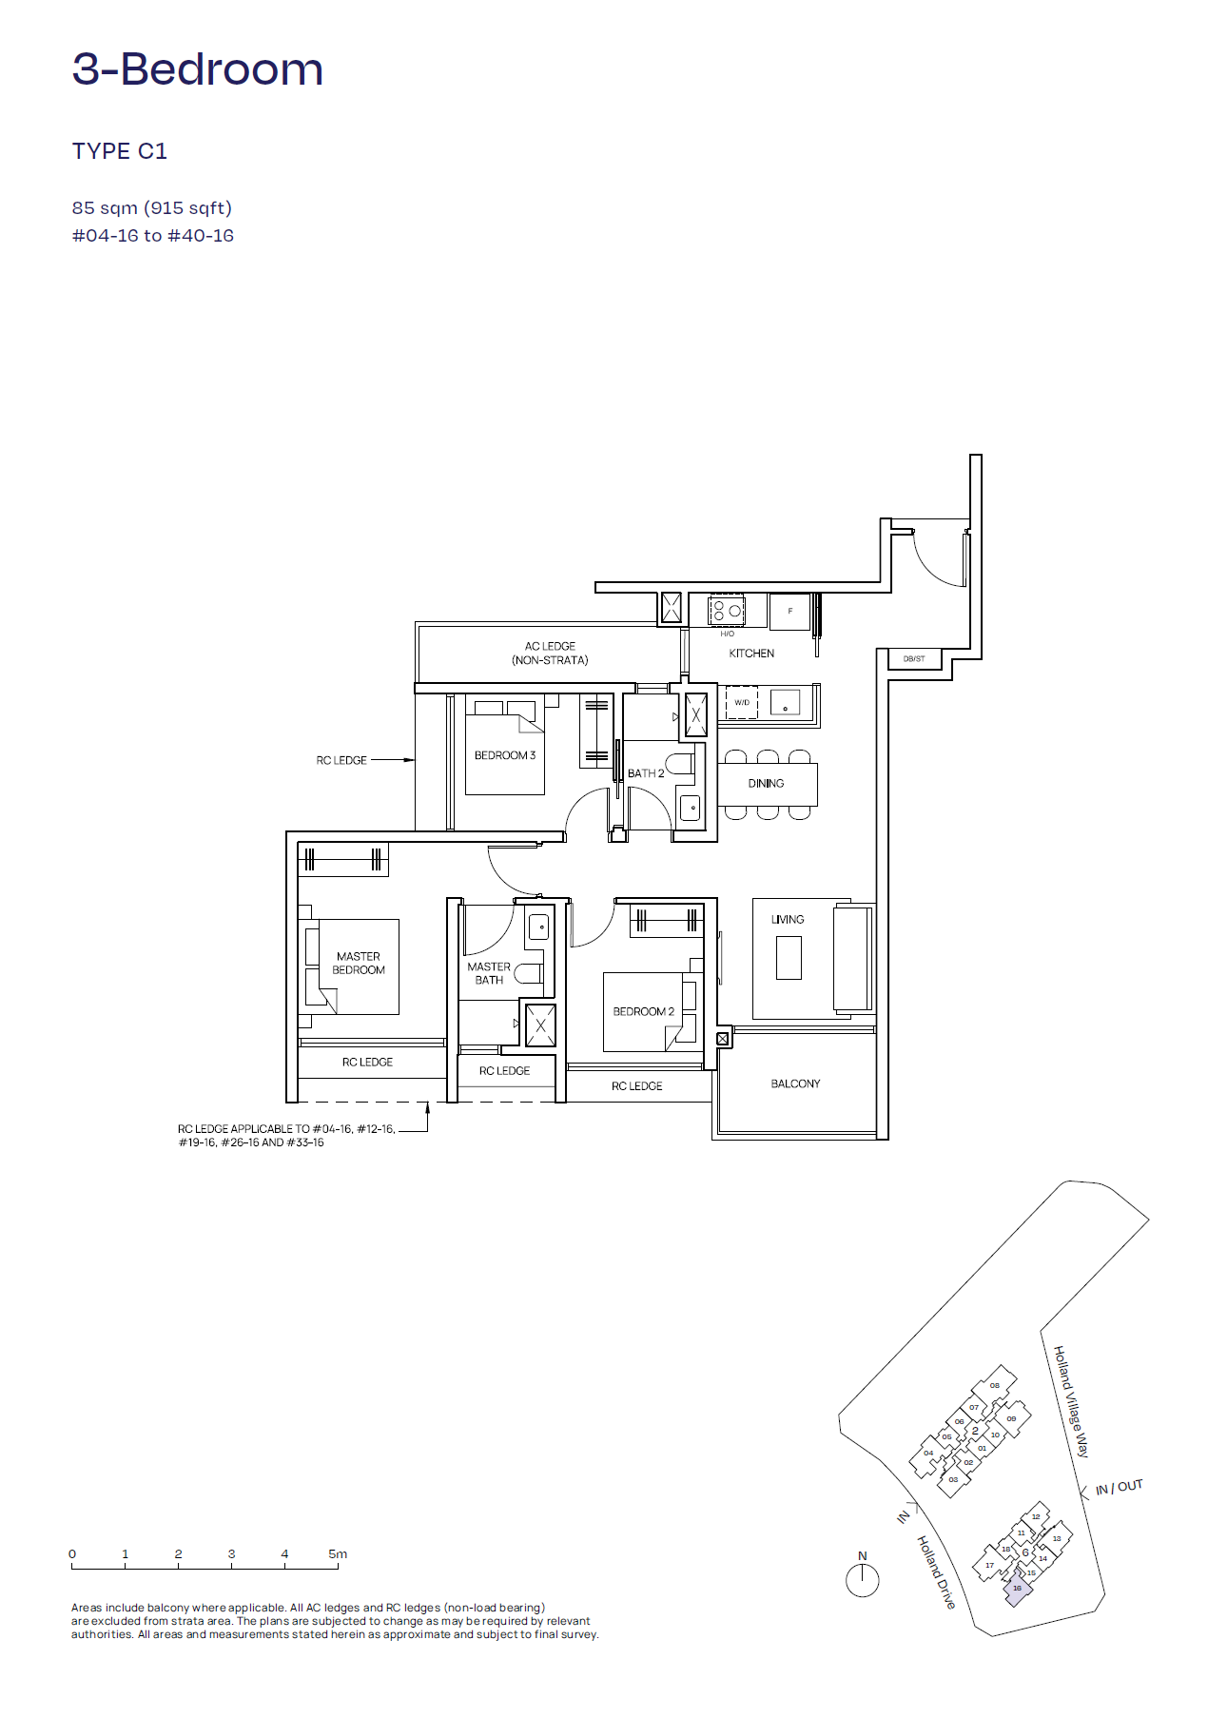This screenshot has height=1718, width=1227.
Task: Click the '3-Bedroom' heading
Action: click(x=198, y=69)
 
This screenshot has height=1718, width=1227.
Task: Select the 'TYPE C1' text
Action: click(x=120, y=151)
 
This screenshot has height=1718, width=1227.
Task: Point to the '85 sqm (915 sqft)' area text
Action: click(x=152, y=207)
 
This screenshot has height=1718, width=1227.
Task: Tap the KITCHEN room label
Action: click(x=751, y=654)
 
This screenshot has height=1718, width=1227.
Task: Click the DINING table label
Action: click(x=766, y=784)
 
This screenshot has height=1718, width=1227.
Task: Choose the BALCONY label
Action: click(x=795, y=1084)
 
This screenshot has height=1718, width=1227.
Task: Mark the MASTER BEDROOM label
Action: click(x=359, y=964)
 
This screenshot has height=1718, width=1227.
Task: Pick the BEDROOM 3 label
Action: click(x=504, y=755)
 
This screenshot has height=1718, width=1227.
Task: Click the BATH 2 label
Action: click(x=646, y=773)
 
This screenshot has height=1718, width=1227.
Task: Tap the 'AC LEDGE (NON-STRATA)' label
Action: click(x=550, y=653)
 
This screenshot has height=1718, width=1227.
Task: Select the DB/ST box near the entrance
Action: click(x=914, y=658)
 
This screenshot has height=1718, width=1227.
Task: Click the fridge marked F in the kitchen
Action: click(x=789, y=611)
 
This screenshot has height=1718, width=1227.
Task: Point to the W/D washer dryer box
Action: click(x=742, y=702)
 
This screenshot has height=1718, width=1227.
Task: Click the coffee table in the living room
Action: click(x=789, y=958)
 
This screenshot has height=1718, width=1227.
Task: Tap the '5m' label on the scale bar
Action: click(x=338, y=1553)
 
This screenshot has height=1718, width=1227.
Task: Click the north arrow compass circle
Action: click(x=862, y=1580)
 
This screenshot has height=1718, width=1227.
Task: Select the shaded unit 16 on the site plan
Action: click(x=1018, y=1589)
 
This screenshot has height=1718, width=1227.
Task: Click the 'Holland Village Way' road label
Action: click(x=1071, y=1401)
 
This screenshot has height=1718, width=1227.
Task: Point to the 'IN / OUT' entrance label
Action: click(x=1119, y=1487)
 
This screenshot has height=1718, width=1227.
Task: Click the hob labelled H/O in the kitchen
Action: click(x=727, y=610)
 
